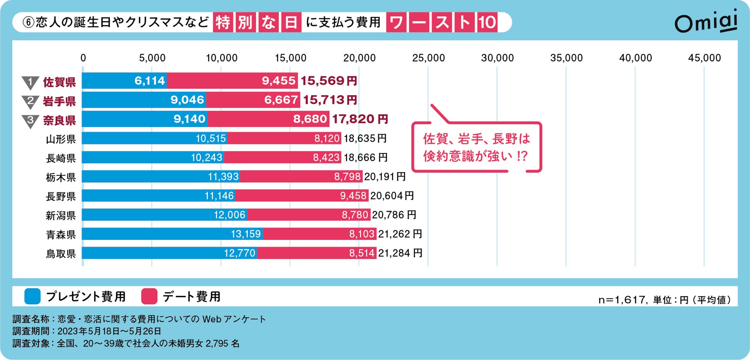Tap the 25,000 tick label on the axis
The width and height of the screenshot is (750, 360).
pos(428,58)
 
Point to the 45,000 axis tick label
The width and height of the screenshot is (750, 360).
pos(704,58)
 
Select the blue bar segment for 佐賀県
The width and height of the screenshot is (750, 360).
pos(124,81)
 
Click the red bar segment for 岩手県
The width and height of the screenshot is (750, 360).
pos(253,100)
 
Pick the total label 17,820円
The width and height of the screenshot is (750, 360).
pos(360,119)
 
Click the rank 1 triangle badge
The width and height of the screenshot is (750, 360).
pos(30,82)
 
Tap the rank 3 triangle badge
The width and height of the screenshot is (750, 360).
pos(30,120)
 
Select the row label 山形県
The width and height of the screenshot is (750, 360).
pos(61,139)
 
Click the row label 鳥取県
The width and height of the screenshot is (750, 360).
pos(61,254)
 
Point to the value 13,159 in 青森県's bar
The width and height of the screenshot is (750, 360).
pos(245,234)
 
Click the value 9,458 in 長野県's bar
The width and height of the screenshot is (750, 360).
pos(353,196)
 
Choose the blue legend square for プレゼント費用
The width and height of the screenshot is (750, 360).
pos(32,297)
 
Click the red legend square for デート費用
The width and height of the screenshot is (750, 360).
pos(149,297)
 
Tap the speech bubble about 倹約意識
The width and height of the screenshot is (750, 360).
pos(476,147)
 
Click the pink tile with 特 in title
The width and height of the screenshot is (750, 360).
pos(223,22)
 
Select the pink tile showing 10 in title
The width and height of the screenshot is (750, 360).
pos(487,22)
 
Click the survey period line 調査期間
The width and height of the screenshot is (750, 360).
pos(87,331)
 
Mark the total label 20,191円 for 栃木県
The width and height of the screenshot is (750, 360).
pos(385,177)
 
